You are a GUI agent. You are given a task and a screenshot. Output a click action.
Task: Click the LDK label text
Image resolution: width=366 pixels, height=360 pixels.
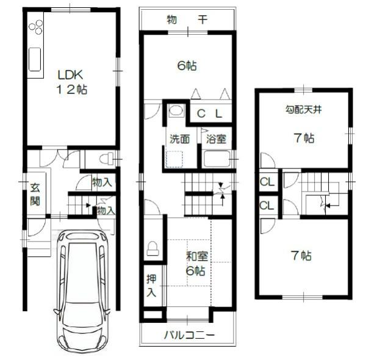(x=70, y=74)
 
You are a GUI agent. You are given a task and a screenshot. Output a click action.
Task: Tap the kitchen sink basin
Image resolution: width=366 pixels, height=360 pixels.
(x=35, y=59)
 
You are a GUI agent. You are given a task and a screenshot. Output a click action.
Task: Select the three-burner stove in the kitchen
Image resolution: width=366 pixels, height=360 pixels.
(x=36, y=27)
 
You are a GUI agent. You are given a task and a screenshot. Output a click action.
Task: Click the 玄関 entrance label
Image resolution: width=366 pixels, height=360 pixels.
(x=35, y=194)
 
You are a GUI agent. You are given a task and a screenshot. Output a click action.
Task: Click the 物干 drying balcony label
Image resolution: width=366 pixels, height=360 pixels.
(x=187, y=20)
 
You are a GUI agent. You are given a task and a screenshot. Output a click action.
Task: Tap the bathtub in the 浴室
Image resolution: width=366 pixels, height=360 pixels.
(x=217, y=159)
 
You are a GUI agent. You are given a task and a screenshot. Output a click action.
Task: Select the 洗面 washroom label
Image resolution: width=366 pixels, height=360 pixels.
(x=179, y=139)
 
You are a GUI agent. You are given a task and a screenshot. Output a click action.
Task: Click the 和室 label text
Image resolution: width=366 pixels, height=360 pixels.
(x=196, y=256)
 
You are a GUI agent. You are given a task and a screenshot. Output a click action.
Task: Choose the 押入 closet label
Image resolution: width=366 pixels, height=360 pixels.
(x=151, y=286)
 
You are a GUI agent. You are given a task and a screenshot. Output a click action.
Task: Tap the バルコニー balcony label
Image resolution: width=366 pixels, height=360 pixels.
(x=189, y=335)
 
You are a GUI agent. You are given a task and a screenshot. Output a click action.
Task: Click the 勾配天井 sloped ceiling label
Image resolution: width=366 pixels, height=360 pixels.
(x=304, y=109)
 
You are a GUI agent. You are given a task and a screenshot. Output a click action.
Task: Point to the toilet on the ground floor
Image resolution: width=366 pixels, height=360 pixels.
(x=106, y=159)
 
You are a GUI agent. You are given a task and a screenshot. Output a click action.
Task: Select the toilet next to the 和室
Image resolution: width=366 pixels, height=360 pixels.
(x=152, y=248)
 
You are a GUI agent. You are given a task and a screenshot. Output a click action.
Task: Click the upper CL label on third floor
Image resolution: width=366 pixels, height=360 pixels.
(x=267, y=182)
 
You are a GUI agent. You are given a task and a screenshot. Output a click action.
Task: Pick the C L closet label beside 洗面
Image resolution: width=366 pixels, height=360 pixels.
(x=209, y=113)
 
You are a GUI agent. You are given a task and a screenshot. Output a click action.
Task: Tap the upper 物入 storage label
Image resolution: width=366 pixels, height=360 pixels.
(x=102, y=182)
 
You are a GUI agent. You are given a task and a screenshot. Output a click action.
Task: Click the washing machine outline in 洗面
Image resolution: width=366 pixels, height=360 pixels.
(x=174, y=159)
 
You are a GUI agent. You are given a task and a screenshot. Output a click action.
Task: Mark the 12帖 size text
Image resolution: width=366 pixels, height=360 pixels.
(x=72, y=90)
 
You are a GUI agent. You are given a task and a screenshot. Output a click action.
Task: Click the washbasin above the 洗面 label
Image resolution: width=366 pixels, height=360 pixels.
(x=176, y=110)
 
